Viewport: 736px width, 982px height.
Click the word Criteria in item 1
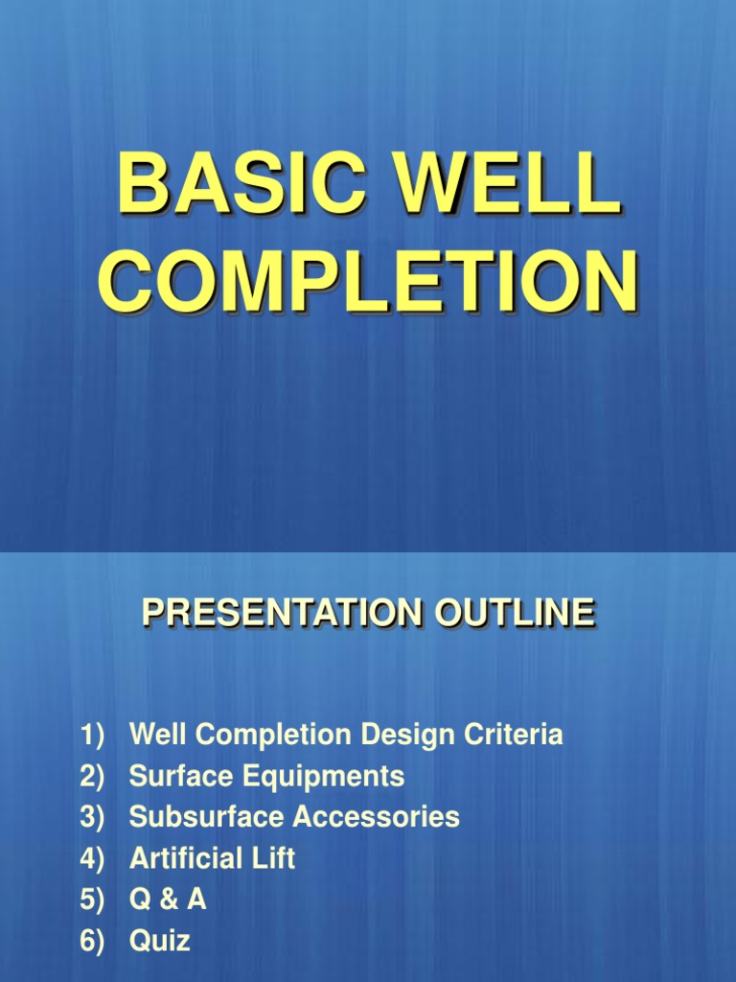click(514, 736)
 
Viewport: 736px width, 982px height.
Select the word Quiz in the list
click(160, 942)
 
